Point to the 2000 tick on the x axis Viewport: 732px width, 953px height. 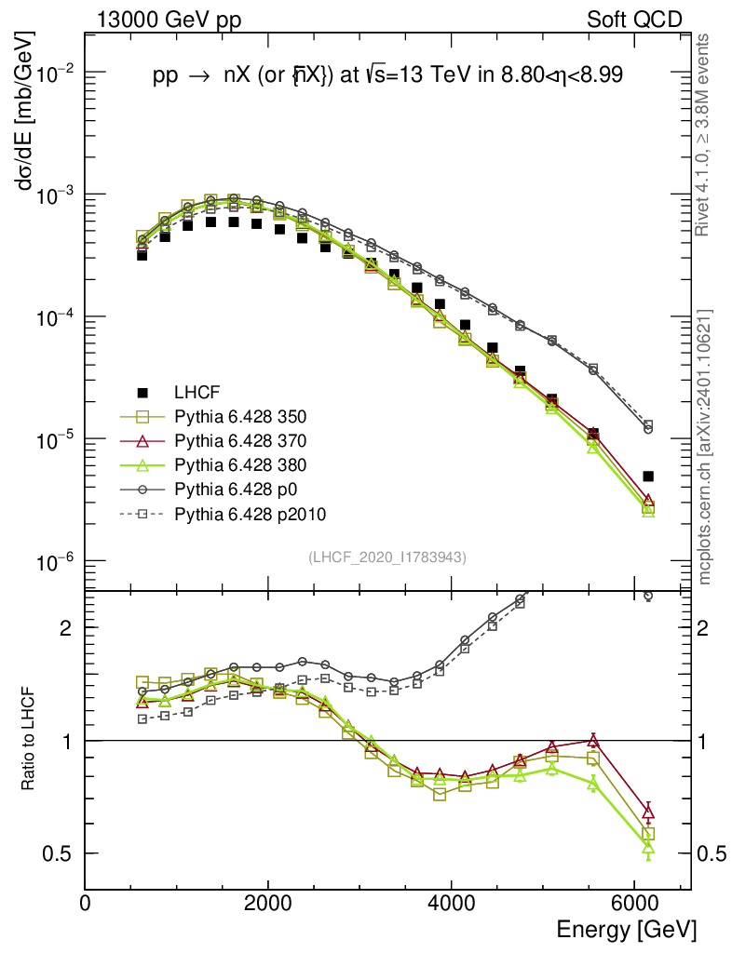coord(268,903)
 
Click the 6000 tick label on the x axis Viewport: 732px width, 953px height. coord(634,903)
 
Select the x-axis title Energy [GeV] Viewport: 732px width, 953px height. coord(626,929)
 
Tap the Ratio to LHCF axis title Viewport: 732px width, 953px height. coord(28,740)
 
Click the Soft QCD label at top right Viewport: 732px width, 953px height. coord(634,20)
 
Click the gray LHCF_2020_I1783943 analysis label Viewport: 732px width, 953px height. coord(387,557)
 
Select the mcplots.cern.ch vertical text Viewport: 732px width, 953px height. coord(705,447)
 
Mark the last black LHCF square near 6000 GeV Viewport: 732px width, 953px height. coord(648,476)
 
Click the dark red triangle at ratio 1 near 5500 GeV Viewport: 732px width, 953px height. coord(592,741)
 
